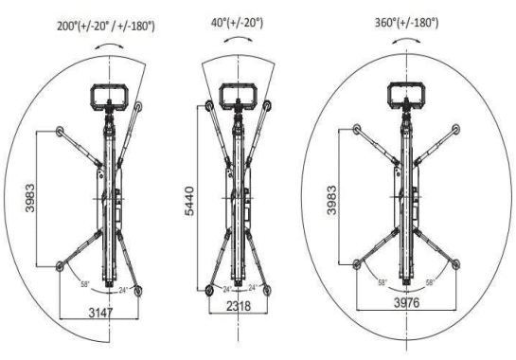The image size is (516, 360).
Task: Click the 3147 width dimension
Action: point(100,313)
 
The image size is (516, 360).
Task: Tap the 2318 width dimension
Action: point(239,306)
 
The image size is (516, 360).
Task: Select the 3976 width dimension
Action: point(407,303)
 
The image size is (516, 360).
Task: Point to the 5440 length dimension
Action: point(189,201)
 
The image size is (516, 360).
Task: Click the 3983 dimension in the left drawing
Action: point(30,198)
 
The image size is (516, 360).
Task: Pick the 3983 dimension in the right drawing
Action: point(331,200)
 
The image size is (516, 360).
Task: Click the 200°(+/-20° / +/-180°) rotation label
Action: point(106,26)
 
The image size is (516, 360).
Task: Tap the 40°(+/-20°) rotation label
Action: point(237,23)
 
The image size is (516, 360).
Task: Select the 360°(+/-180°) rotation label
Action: point(407,23)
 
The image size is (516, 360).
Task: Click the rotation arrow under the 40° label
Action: point(239,38)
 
